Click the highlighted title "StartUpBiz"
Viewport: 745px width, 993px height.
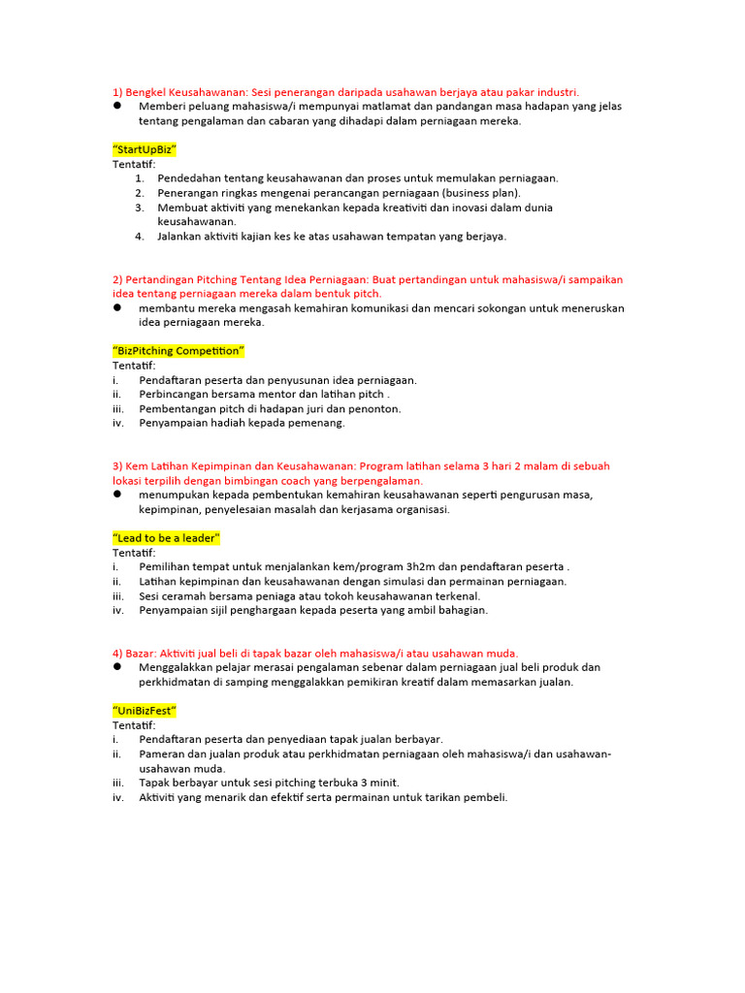click(145, 150)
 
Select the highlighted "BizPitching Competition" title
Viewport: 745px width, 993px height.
click(178, 351)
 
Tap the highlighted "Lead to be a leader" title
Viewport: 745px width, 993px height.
click(167, 538)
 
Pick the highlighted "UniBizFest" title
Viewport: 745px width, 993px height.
click(145, 711)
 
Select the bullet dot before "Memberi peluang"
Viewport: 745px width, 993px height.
click(117, 107)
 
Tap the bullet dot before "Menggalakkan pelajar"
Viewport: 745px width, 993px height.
click(117, 667)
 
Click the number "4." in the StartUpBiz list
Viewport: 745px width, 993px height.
click(140, 236)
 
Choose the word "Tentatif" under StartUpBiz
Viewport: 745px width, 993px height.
click(134, 165)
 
